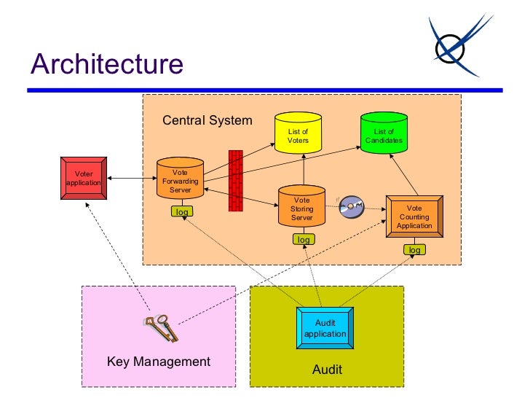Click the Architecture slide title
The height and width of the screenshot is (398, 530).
point(106,64)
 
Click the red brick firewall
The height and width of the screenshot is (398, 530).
point(235,181)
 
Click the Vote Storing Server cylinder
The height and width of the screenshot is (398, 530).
point(301,208)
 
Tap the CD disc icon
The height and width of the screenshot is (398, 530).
point(352,207)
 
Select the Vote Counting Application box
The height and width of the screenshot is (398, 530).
point(414,216)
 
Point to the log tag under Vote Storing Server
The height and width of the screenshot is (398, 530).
point(303,239)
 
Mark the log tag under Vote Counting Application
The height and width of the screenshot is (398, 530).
point(414,250)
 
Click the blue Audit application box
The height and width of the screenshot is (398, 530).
point(325,328)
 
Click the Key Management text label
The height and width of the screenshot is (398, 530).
point(159,362)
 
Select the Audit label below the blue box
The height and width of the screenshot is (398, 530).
point(327,370)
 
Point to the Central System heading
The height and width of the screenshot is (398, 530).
point(207,120)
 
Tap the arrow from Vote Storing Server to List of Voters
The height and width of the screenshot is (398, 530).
point(303,169)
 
